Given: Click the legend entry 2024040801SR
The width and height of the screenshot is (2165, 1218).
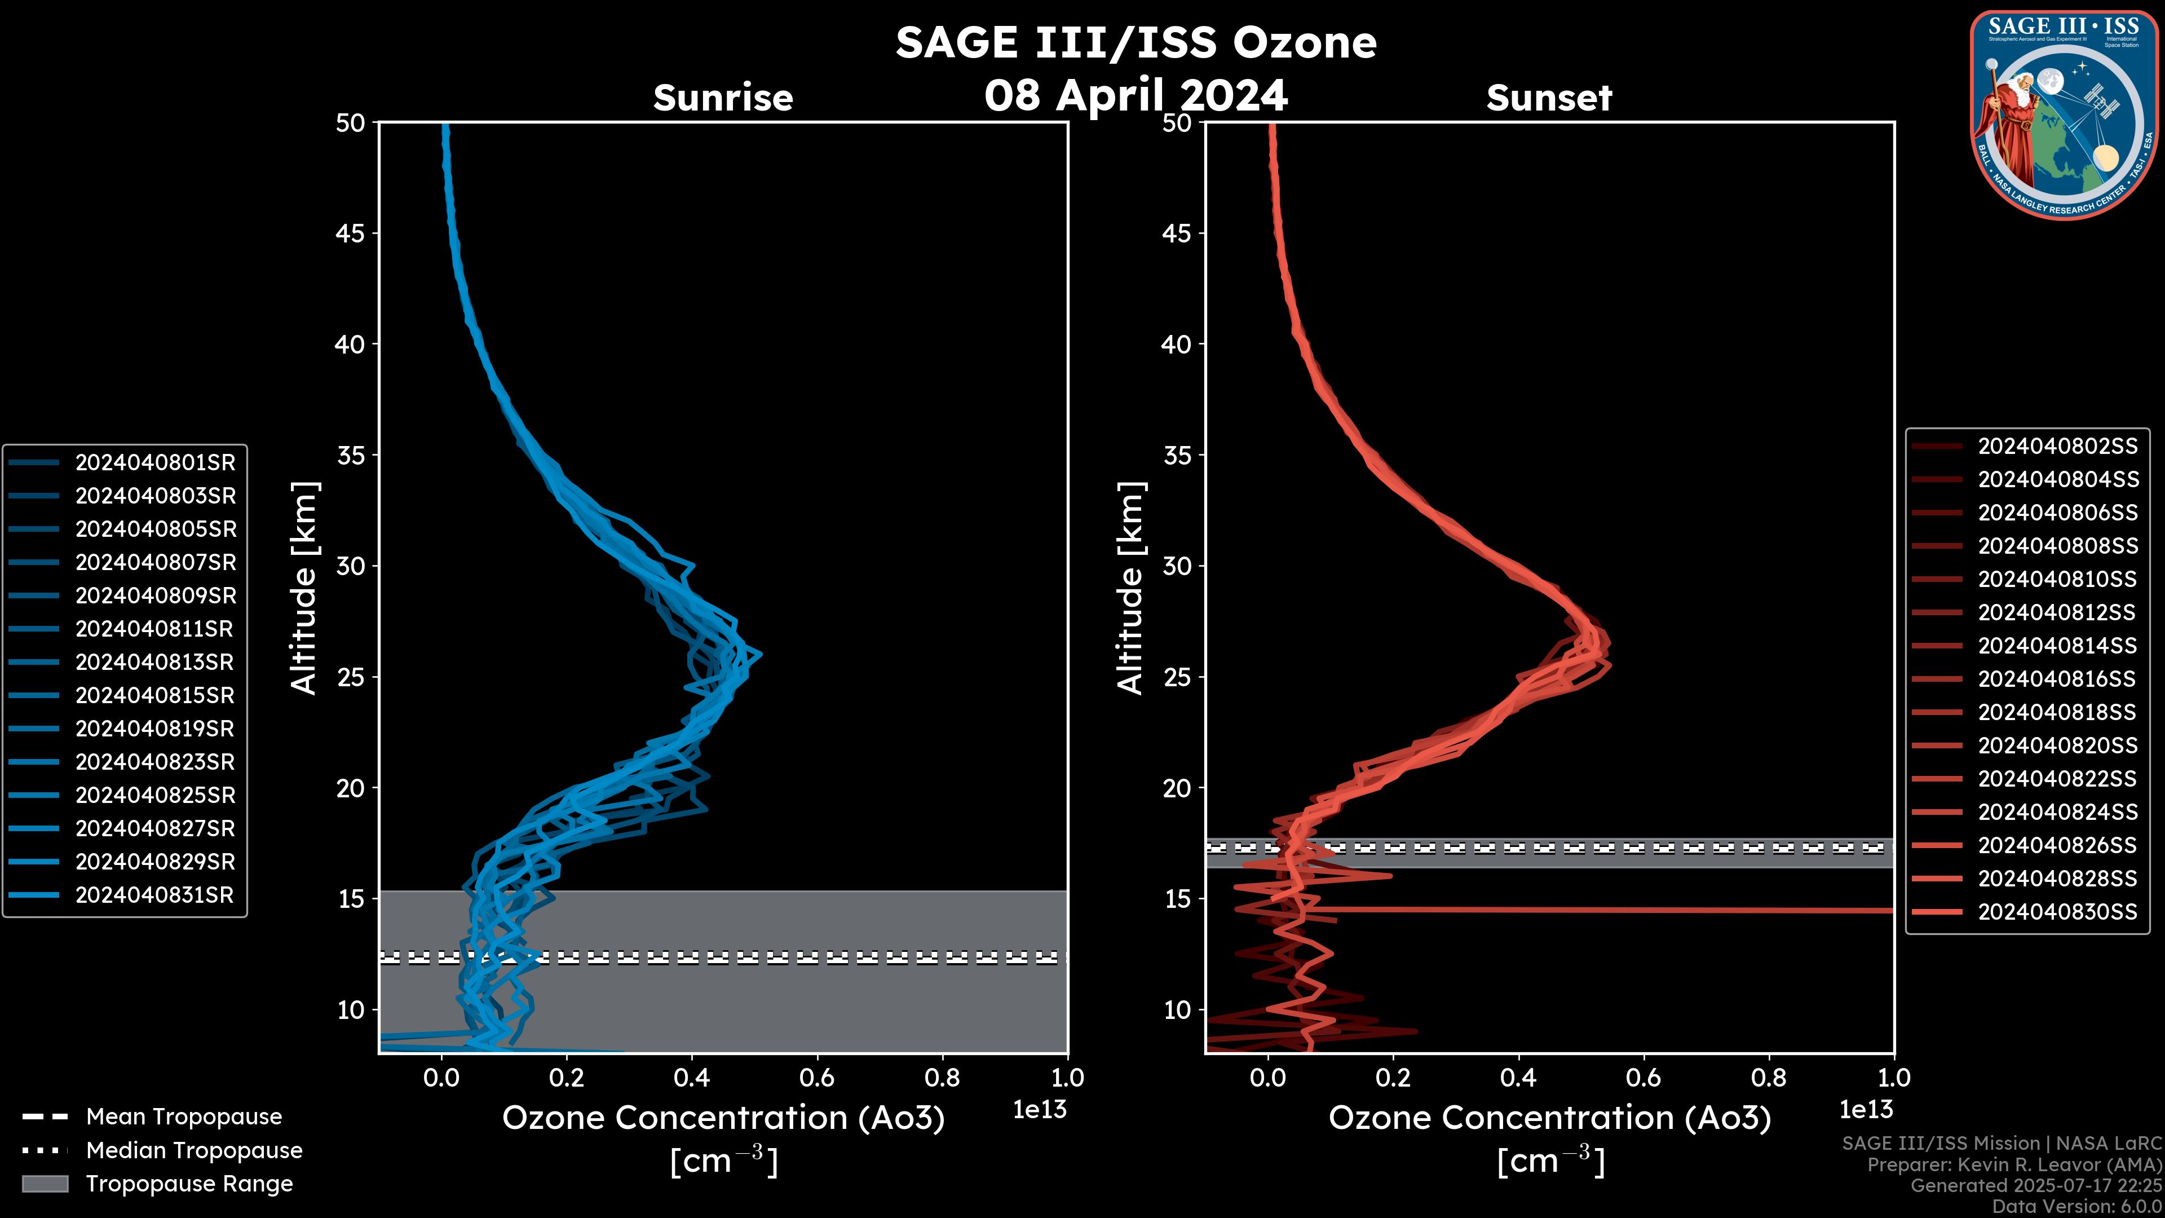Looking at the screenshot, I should coord(156,462).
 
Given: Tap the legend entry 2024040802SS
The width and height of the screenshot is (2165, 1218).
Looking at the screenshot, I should coord(2057,447).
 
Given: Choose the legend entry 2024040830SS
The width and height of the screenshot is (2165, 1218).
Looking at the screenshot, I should coord(2057,912).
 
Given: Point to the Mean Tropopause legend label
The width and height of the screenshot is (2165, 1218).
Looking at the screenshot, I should coord(184,1116).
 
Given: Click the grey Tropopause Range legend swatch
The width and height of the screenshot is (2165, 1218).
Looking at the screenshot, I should coord(45,1184).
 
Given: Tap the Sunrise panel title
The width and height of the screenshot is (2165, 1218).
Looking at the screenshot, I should coord(723,98).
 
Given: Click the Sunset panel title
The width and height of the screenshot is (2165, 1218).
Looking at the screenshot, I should coord(1549,98).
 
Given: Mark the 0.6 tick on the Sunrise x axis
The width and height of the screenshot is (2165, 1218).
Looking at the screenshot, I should coord(817,1078).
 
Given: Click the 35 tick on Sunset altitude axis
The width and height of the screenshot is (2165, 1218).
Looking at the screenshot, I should coord(1177,454).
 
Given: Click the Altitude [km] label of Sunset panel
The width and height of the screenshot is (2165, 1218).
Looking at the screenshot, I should coord(1130,588).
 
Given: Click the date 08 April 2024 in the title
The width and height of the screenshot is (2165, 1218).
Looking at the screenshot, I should coord(1135,95).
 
